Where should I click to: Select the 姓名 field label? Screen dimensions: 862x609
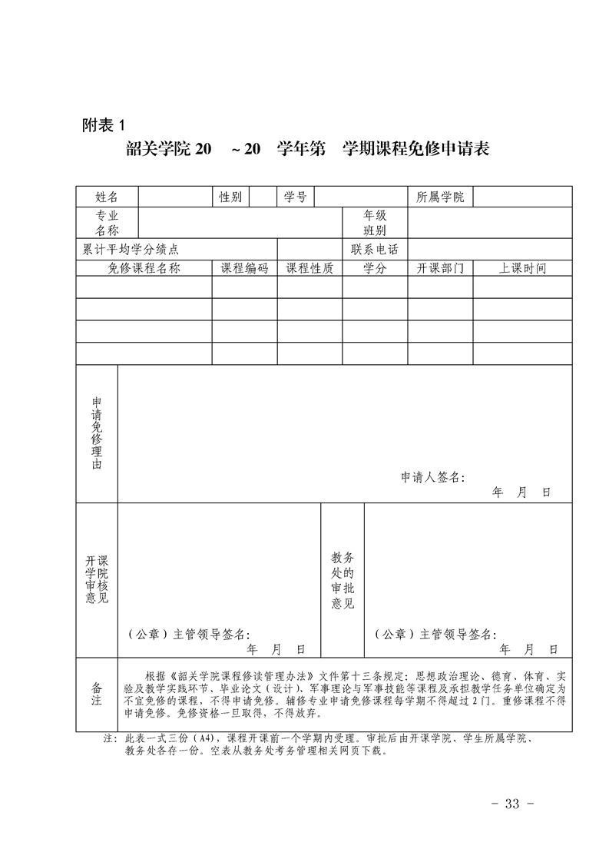(x=107, y=197)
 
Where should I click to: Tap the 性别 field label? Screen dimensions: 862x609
(x=230, y=197)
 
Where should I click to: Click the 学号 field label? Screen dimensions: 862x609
(x=296, y=197)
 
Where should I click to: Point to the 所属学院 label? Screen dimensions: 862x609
(x=440, y=197)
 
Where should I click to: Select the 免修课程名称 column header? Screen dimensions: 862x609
(x=144, y=268)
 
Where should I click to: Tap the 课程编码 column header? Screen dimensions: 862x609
(x=244, y=268)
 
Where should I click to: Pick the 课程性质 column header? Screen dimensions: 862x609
(x=309, y=268)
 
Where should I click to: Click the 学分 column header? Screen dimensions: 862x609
(x=375, y=268)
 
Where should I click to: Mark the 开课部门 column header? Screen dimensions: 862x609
(x=440, y=268)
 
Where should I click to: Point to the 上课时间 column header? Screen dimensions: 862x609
(x=522, y=268)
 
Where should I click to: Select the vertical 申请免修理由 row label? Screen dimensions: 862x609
(x=97, y=434)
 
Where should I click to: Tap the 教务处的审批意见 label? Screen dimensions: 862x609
(x=343, y=580)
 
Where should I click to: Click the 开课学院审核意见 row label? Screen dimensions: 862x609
(x=97, y=580)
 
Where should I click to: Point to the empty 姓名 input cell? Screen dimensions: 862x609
(x=174, y=197)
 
